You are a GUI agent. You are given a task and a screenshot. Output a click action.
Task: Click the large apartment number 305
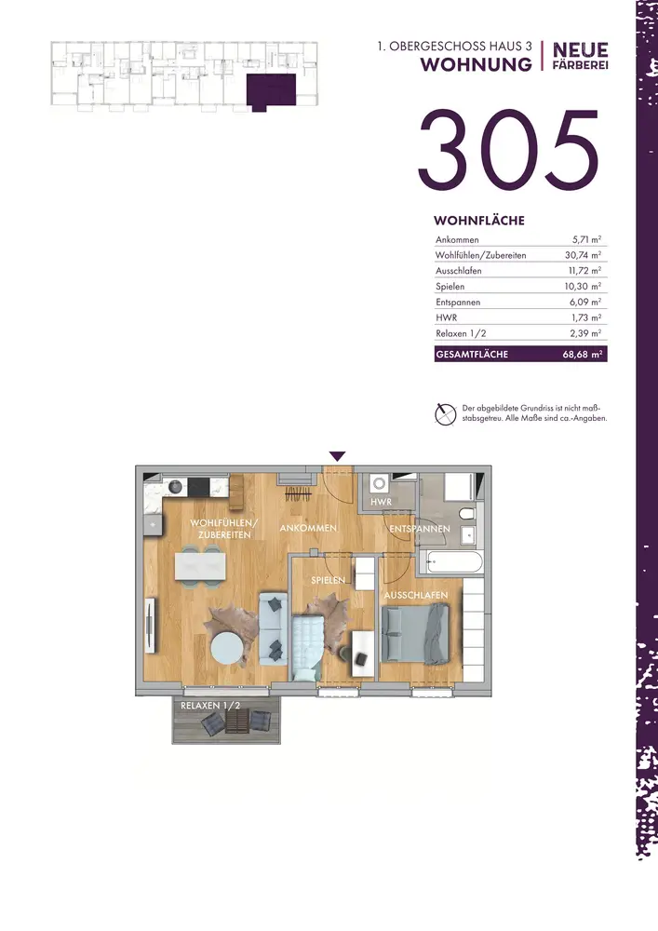click(508, 151)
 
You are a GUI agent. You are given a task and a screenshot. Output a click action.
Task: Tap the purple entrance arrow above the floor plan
click(338, 456)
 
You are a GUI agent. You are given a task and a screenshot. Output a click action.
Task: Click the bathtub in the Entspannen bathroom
click(450, 561)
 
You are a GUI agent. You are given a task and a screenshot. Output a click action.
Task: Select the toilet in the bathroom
click(467, 513)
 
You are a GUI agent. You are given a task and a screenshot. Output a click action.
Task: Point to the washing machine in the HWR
click(380, 484)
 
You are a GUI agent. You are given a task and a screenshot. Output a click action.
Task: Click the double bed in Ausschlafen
click(416, 634)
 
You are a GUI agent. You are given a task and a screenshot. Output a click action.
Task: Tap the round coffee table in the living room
click(227, 648)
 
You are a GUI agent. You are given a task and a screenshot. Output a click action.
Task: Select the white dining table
click(200, 566)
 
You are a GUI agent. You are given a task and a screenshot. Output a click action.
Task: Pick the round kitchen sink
click(175, 487)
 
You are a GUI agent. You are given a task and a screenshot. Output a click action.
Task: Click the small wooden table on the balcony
click(236, 722)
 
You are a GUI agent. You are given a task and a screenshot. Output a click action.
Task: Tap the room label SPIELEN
click(329, 580)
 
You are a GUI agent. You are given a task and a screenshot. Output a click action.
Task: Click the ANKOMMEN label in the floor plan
click(308, 528)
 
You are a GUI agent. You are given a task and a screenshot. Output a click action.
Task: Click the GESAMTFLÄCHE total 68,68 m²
click(583, 355)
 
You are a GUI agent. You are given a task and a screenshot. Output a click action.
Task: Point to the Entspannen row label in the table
click(458, 303)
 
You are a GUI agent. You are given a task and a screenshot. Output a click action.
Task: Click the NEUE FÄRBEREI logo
click(580, 57)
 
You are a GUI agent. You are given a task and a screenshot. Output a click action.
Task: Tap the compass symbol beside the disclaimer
click(445, 414)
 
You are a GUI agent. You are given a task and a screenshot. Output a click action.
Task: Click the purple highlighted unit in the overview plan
click(271, 91)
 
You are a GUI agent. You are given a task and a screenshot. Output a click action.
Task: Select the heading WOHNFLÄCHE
click(478, 221)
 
